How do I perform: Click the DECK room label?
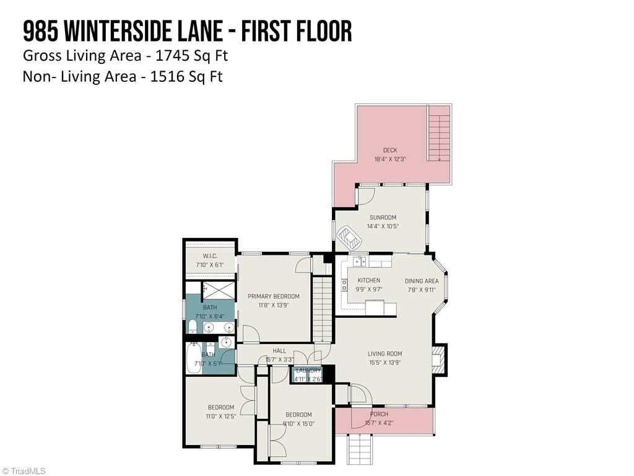click(x=390, y=150)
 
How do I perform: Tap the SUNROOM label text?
click(x=383, y=218)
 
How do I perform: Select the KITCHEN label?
click(x=369, y=281)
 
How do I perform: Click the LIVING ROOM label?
click(x=384, y=354)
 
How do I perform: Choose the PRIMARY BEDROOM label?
click(x=274, y=296)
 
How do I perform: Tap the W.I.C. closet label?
click(x=210, y=256)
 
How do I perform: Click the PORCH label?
click(x=379, y=414)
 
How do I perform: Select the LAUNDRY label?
click(x=308, y=371)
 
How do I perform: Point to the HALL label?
click(x=279, y=351)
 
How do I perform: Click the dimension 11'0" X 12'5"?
click(x=220, y=416)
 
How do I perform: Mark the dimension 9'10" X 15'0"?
click(x=298, y=424)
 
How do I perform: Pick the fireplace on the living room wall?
click(x=439, y=359)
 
